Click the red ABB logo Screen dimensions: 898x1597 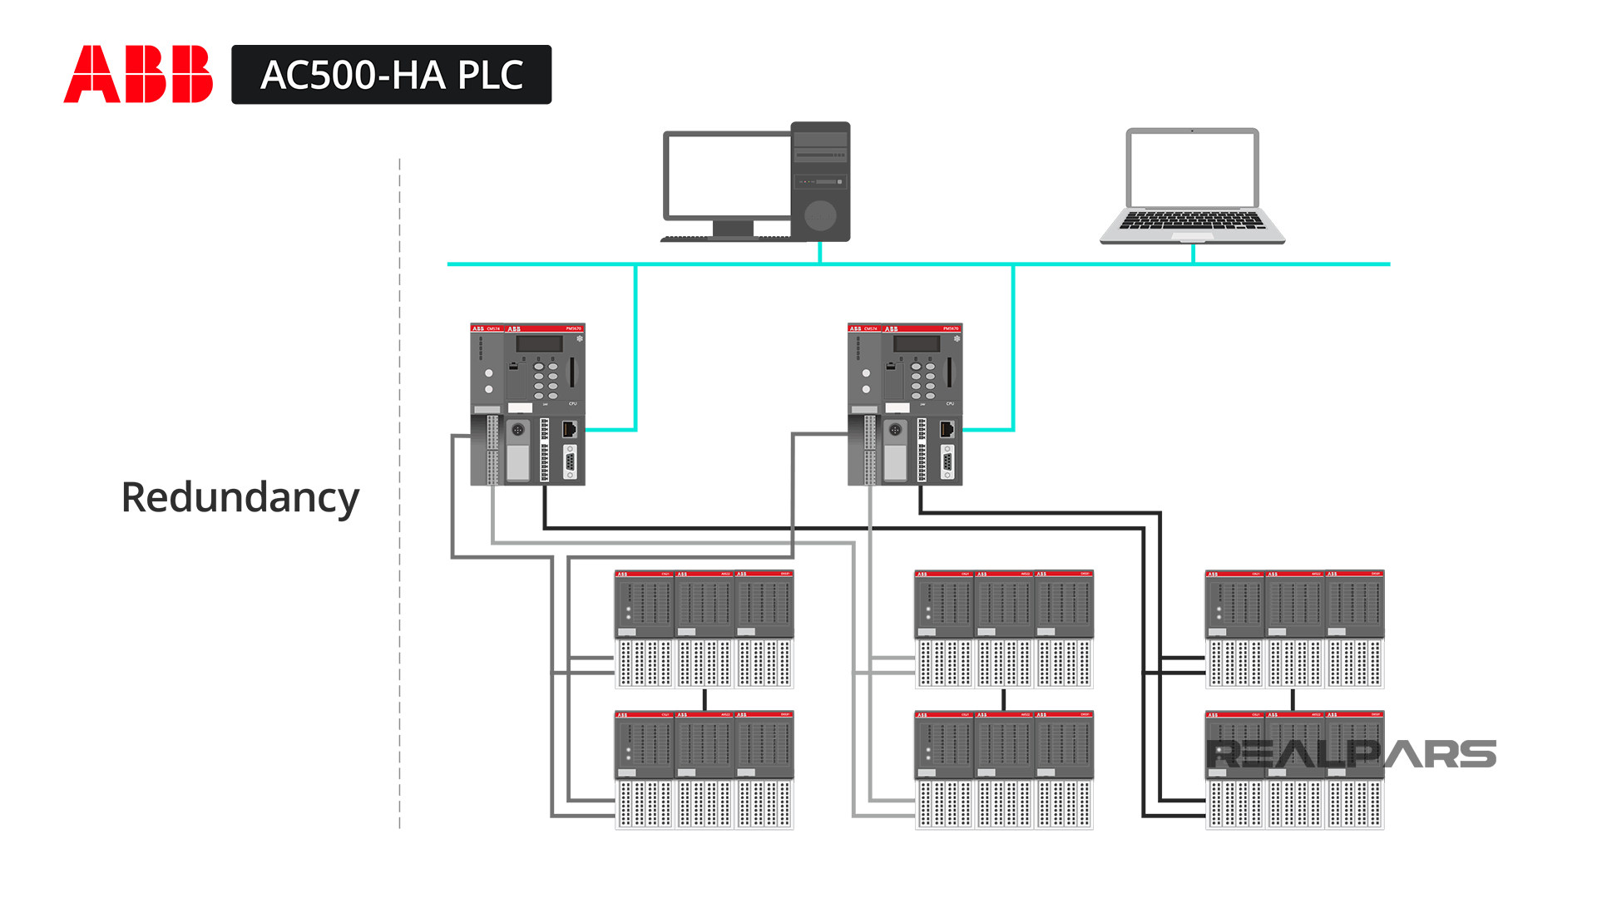tap(138, 75)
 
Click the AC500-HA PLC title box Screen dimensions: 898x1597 tap(391, 75)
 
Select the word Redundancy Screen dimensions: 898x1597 tap(240, 497)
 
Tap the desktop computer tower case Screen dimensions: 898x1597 tap(820, 181)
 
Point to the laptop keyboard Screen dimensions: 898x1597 tap(1192, 221)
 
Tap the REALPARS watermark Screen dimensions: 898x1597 tap(1351, 754)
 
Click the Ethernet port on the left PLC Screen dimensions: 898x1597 tap(570, 429)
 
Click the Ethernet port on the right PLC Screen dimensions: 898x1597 tap(947, 429)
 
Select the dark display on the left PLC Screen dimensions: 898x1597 tap(540, 344)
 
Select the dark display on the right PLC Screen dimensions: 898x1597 tap(917, 344)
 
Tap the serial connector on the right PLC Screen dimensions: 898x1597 tap(947, 461)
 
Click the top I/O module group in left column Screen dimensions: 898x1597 tap(704, 629)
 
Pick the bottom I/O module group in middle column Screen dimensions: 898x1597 tap(1003, 770)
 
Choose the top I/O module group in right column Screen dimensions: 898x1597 tap(1294, 629)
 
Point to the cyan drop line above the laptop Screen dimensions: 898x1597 tap(1193, 254)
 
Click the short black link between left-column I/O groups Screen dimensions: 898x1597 tap(705, 699)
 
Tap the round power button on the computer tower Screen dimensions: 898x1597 tap(820, 215)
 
